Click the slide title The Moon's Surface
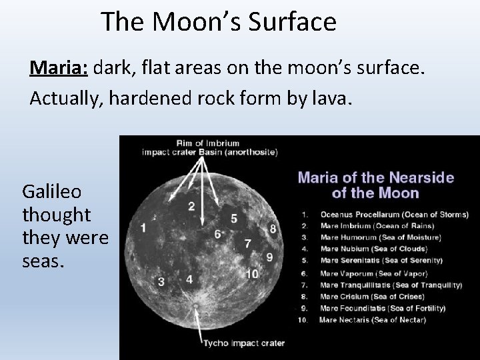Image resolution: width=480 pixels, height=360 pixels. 219,22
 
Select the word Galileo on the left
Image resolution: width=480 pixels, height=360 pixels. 52,192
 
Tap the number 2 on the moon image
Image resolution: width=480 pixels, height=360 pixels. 191,207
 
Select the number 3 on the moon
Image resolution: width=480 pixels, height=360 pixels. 161,282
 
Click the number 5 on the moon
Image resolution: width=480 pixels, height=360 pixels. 233,218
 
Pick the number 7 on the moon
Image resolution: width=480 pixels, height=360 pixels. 247,243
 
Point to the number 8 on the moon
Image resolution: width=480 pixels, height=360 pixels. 272,229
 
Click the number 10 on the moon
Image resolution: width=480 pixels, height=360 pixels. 253,274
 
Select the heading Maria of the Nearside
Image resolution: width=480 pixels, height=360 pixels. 375,177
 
